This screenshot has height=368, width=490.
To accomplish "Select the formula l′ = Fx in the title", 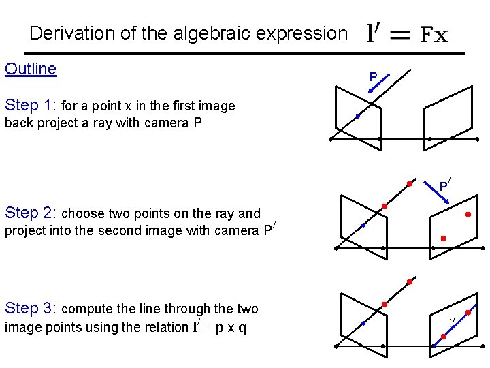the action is pyautogui.click(x=407, y=33).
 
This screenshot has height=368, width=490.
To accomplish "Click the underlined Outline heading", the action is pyautogui.click(x=31, y=69).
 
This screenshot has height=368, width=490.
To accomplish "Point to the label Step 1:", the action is pyautogui.click(x=31, y=105).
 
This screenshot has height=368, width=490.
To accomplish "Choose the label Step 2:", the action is pyautogui.click(x=31, y=212).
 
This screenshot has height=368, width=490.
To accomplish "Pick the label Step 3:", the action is pyautogui.click(x=31, y=308).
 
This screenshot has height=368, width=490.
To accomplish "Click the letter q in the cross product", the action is pyautogui.click(x=242, y=328).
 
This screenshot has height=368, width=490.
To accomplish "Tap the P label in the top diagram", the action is pyautogui.click(x=373, y=77).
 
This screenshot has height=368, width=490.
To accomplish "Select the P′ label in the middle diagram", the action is pyautogui.click(x=444, y=185).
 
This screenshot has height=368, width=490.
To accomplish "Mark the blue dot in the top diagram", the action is pyautogui.click(x=357, y=117).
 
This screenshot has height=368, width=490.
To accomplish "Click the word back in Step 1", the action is pyautogui.click(x=18, y=123).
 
